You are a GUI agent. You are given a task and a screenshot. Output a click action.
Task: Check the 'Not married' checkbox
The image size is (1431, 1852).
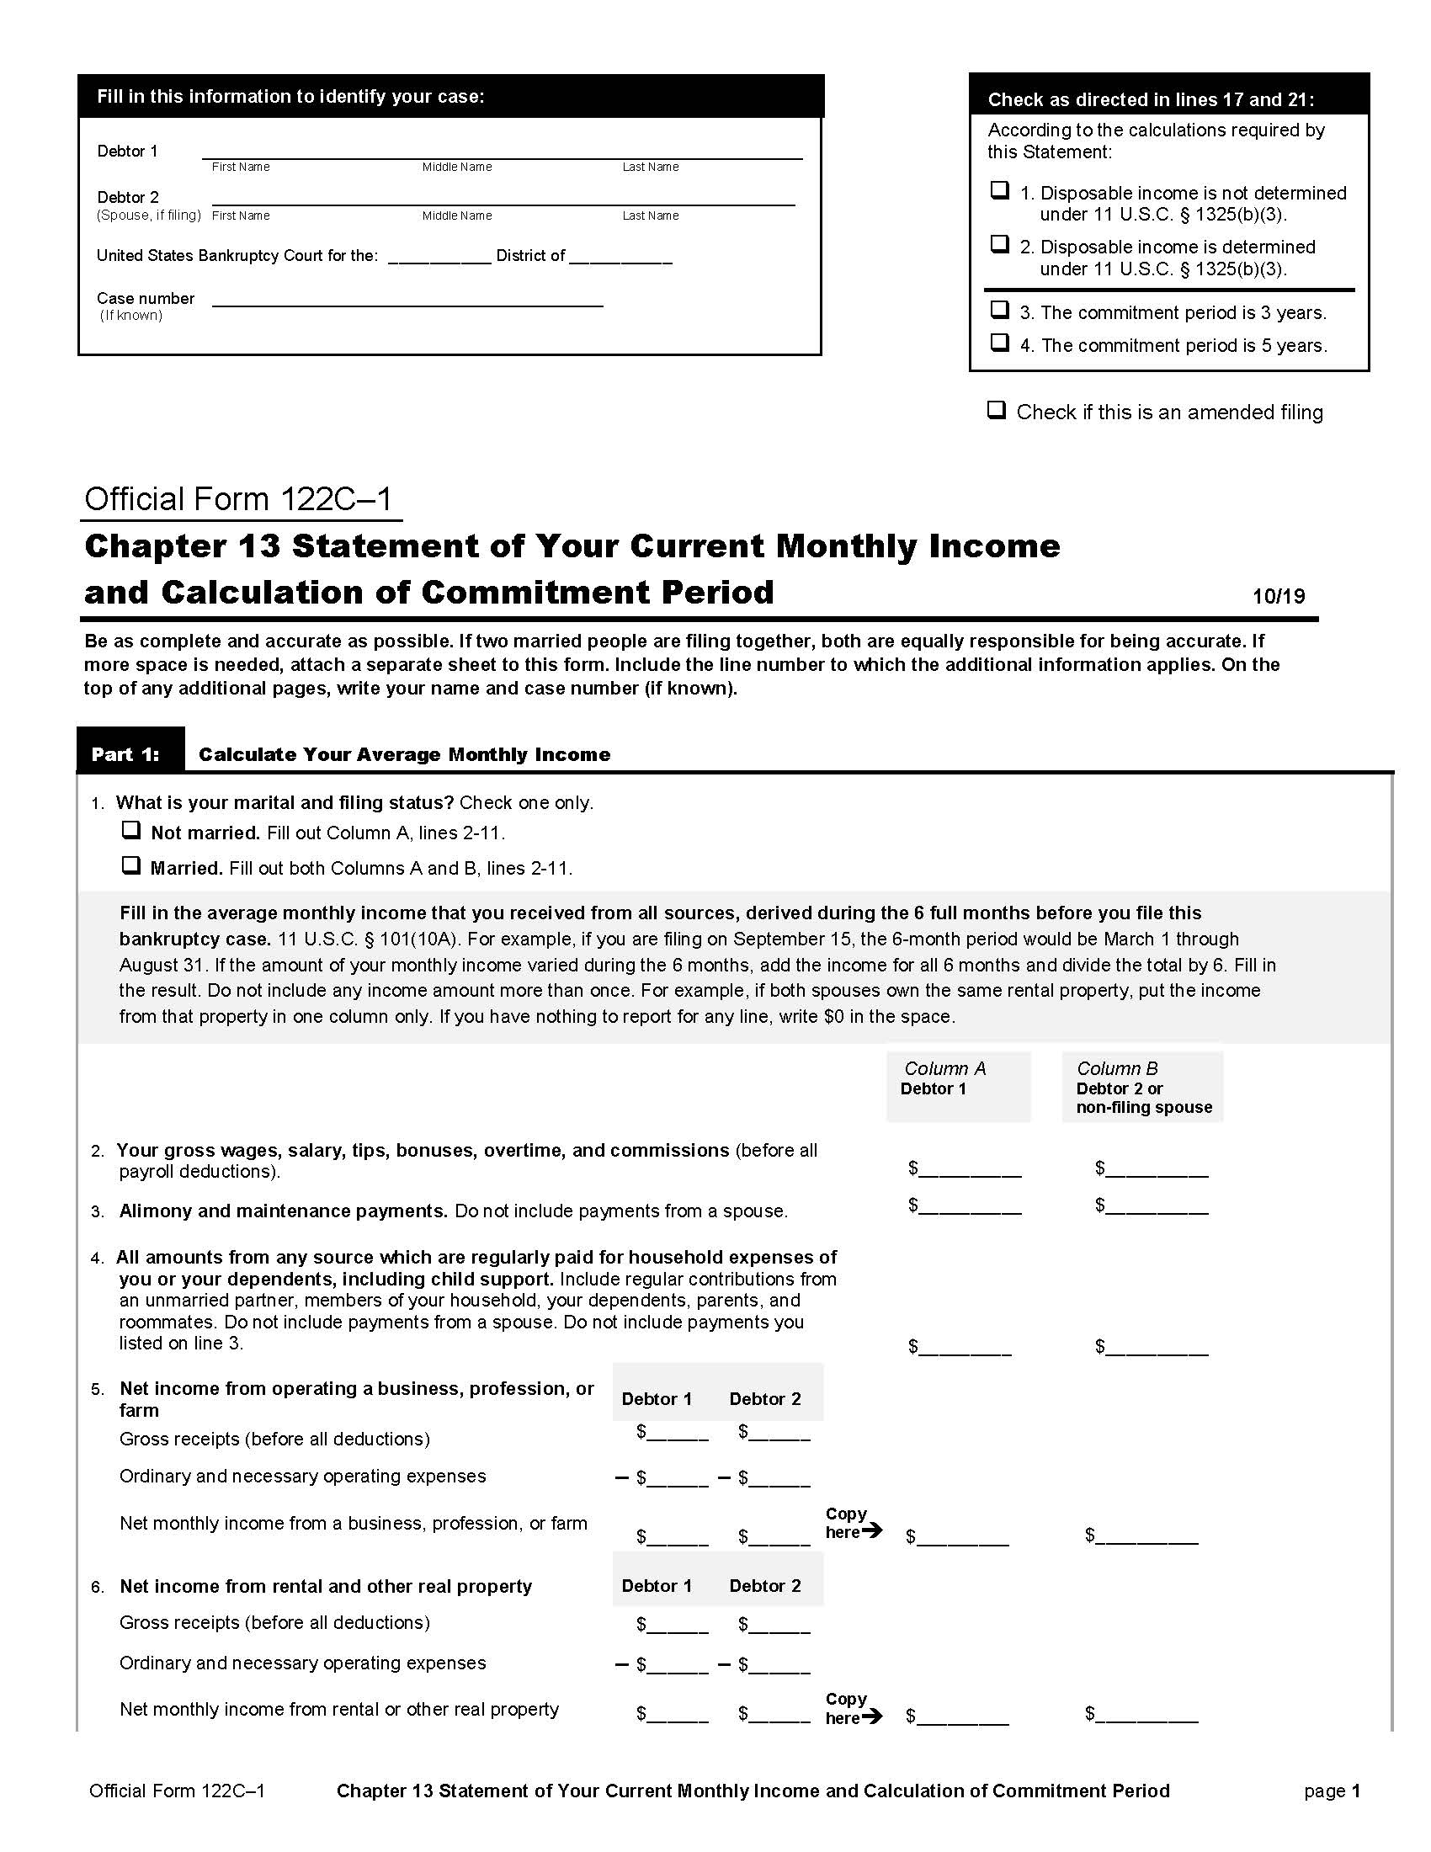[130, 829]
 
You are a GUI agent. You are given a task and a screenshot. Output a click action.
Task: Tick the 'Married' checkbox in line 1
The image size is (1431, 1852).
[130, 865]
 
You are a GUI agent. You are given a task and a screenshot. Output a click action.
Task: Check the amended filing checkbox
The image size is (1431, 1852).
[997, 411]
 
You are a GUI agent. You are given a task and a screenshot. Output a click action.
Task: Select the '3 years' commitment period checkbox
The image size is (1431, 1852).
[1000, 310]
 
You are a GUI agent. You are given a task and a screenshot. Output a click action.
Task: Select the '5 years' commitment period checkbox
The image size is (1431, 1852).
[1000, 343]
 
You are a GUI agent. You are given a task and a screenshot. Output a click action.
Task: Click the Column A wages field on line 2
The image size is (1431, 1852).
[970, 1169]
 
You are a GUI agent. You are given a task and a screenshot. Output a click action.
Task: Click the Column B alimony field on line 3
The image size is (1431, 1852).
[1157, 1206]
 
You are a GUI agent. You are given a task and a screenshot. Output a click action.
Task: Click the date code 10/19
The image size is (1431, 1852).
[1279, 596]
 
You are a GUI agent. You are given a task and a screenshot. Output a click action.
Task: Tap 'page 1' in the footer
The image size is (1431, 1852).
[1332, 1791]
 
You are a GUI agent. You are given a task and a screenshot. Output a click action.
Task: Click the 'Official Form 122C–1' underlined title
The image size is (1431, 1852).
[239, 498]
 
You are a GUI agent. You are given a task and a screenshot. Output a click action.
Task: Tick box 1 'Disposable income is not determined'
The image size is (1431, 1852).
[1000, 190]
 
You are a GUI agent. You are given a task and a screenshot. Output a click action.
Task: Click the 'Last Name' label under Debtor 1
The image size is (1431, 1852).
[650, 167]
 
